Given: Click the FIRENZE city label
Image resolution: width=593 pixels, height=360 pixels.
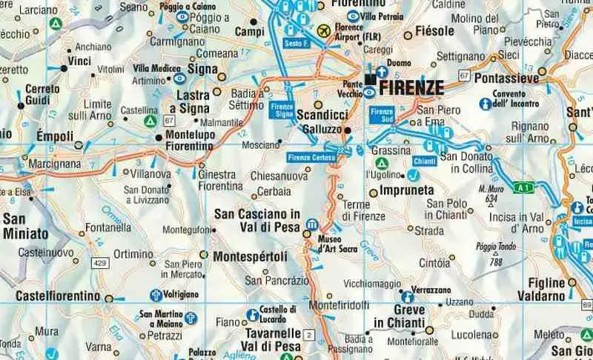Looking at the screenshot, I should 411,88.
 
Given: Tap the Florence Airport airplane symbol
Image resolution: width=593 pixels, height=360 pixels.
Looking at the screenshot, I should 323,31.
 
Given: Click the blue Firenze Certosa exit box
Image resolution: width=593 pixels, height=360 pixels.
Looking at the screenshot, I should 310,157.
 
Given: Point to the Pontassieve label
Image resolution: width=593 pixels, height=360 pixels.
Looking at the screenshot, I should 507,77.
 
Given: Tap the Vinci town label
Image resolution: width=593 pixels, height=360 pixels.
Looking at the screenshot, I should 79,60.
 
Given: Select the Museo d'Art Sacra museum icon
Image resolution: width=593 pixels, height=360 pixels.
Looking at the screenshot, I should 312,224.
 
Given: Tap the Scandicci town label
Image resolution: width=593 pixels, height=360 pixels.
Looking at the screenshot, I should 322,116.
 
